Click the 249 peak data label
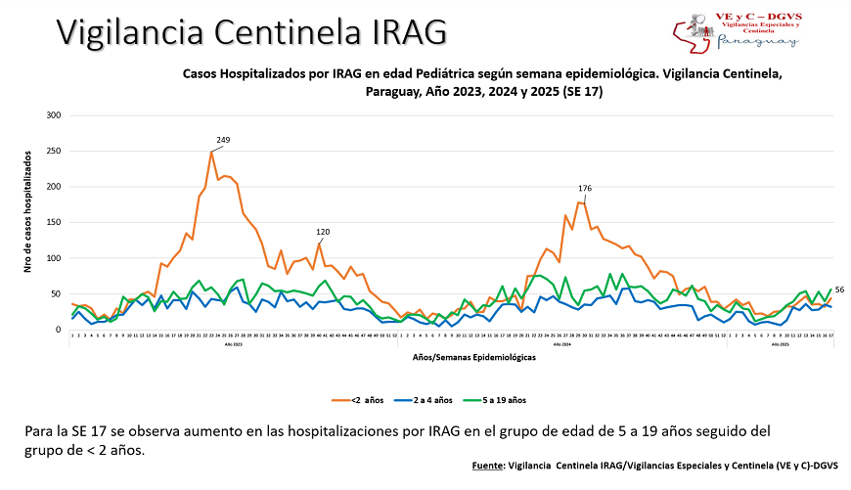(x=223, y=141)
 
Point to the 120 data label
(x=323, y=232)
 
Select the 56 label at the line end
(x=839, y=290)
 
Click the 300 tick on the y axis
(x=54, y=115)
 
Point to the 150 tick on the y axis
(x=54, y=222)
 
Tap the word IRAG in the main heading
(x=407, y=32)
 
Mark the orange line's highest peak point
(x=211, y=152)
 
